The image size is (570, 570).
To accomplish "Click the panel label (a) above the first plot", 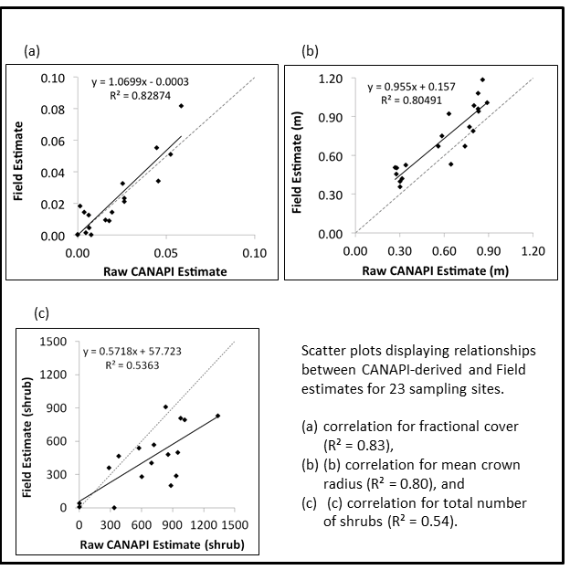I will [31, 51].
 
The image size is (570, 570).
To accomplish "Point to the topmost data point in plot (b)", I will [482, 79].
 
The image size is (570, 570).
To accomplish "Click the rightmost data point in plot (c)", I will [218, 417].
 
